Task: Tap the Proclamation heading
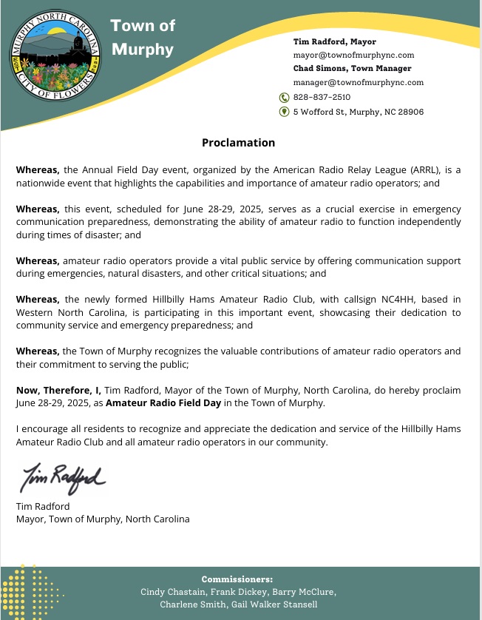pos(238,143)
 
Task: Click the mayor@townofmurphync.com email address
pos(353,55)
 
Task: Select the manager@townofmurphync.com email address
pos(359,82)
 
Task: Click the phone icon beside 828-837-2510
pos(284,97)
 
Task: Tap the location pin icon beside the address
pos(284,112)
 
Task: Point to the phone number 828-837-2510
pos(322,97)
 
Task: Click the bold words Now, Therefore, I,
pos(58,390)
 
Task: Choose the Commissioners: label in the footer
pos(237,579)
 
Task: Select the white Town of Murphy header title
pos(143,38)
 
